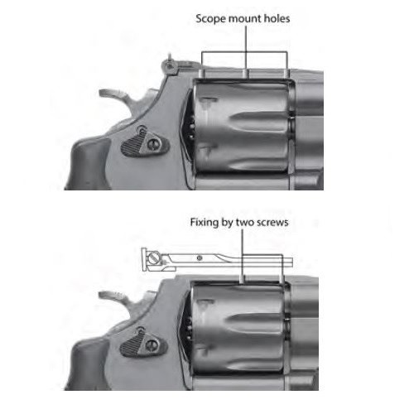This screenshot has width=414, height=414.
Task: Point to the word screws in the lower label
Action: (272, 223)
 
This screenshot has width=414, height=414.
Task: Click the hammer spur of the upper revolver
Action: (114, 95)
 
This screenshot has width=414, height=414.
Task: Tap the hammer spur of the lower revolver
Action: (113, 296)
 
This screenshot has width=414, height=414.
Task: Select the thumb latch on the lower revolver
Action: (143, 343)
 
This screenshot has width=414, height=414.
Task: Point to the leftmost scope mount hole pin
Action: (201, 73)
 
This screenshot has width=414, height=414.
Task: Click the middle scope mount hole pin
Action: (245, 73)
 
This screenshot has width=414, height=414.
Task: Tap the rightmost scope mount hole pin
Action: (286, 73)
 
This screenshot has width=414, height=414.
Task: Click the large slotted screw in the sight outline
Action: (153, 258)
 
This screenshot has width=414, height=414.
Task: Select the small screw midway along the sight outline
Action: (200, 258)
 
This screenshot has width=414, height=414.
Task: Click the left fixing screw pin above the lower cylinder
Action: (243, 278)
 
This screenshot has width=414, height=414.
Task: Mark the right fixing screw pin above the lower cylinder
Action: (282, 278)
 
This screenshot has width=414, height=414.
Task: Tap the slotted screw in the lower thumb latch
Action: (152, 344)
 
